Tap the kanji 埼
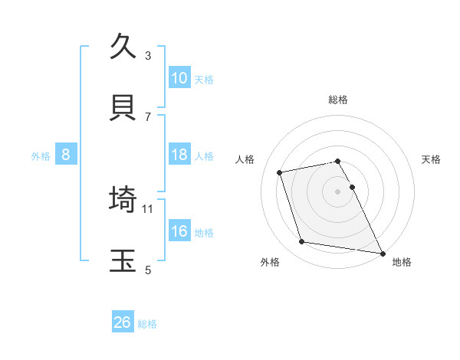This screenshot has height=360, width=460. point(123,198)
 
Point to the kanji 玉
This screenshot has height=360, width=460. point(123,260)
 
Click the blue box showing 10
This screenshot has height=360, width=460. point(179,78)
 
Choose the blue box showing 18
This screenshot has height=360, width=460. point(179,155)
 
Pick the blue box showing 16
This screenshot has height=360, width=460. point(179,232)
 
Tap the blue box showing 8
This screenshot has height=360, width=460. point(66,155)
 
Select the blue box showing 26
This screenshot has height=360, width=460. point(123,322)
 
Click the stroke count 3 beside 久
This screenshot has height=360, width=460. point(148,56)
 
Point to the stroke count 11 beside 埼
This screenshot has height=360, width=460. point(148,208)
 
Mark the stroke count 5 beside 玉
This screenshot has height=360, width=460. point(148,270)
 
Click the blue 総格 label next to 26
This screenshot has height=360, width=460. point(147,324)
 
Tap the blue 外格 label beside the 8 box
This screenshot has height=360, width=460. point(41,156)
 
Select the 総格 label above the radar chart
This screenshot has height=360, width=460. point(338,100)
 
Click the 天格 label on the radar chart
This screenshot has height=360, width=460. point(432,159)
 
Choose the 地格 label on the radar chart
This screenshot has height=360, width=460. point(402,262)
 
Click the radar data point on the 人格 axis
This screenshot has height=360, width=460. point(280,172)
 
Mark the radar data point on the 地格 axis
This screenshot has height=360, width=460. point(381,252)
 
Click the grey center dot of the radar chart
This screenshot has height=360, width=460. point(338,191)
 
